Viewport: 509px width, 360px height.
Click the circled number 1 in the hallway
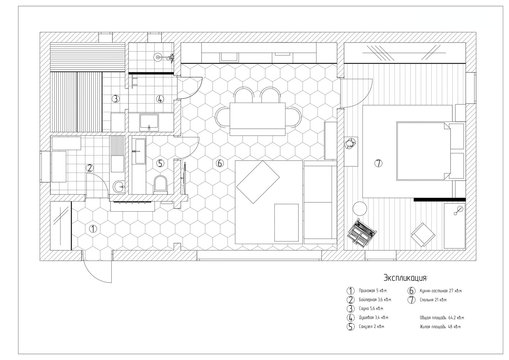[x=93, y=229]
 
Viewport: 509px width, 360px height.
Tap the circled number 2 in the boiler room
[x=90, y=168]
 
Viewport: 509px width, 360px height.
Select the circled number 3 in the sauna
[x=116, y=99]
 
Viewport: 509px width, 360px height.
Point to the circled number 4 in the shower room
[x=160, y=99]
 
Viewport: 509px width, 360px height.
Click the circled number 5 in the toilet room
[x=160, y=163]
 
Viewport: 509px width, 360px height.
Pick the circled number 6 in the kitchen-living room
[x=220, y=163]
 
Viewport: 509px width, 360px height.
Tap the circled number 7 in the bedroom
[x=378, y=163]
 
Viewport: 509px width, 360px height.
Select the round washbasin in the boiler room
[x=119, y=187]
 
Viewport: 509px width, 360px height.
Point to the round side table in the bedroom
[x=360, y=208]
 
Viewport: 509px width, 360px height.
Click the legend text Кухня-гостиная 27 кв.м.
[x=441, y=291]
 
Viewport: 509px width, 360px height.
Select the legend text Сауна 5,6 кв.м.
[x=371, y=309]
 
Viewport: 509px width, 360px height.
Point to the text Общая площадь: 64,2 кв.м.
[x=442, y=318]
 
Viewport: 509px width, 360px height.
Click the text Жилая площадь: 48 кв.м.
[x=440, y=327]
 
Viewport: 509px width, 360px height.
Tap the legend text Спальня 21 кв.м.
[x=433, y=300]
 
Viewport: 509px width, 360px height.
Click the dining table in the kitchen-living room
[x=257, y=119]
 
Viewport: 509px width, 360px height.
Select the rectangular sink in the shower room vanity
[x=149, y=122]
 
